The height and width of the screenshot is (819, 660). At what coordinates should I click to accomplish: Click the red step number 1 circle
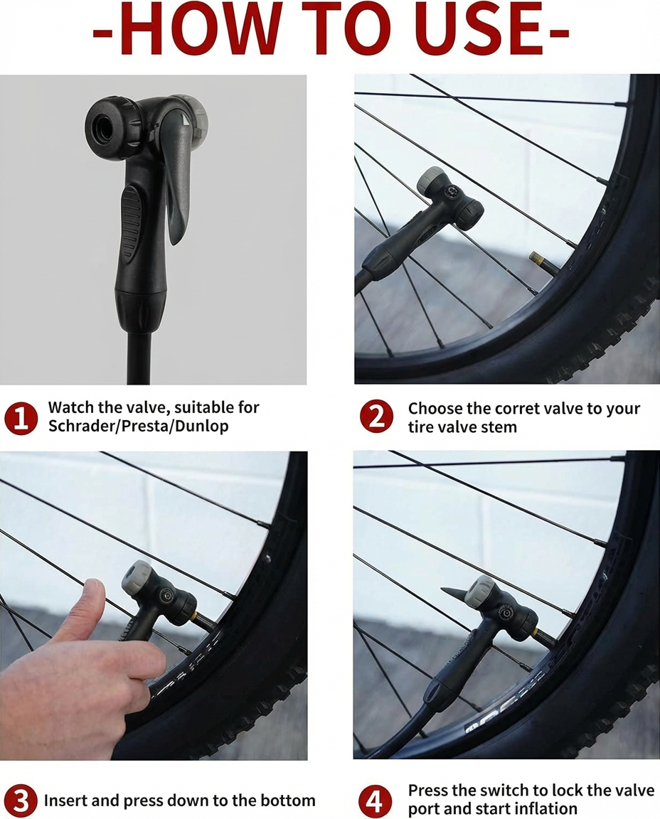[21, 418]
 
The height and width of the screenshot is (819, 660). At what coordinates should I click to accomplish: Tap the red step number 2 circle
[376, 417]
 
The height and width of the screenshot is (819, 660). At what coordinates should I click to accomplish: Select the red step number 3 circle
[21, 801]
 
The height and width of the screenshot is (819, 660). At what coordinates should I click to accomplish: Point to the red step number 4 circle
[375, 801]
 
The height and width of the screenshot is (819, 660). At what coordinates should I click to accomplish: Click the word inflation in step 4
[545, 809]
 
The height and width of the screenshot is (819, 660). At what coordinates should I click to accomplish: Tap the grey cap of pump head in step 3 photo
[137, 577]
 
